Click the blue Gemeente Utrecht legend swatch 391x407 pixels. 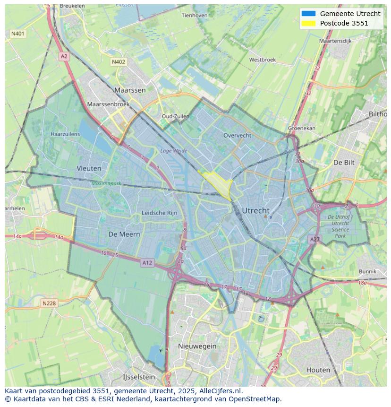pos(308,14)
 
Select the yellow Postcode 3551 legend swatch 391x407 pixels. pos(308,23)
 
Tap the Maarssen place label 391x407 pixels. pos(130,90)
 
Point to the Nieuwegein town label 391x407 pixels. pos(197,346)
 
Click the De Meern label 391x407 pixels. pos(124,234)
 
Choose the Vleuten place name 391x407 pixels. pos(89,168)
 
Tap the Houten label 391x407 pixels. pos(318,370)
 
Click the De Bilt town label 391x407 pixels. pos(344,162)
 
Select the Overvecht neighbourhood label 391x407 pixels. pos(237,135)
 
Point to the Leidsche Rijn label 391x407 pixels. pos(160,213)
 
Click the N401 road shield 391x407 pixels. pos(18,34)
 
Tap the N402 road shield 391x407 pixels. pos(119,62)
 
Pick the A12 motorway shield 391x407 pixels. pos(147,263)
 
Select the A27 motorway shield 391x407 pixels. pos(315,240)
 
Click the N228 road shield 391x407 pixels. pos(49,303)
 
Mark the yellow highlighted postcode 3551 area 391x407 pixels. pos(219,183)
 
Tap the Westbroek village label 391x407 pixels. pos(262,60)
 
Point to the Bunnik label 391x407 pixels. pos(367,271)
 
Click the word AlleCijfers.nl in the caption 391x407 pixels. pos(220,391)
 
